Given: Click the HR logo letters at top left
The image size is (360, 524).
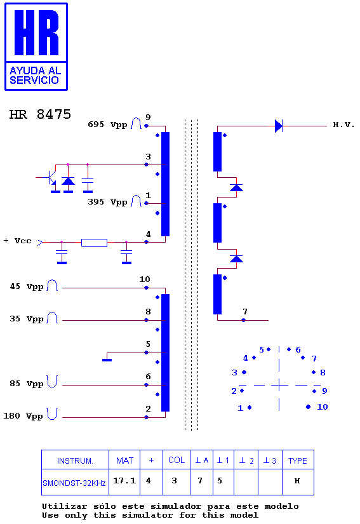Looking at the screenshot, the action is (x=36, y=32).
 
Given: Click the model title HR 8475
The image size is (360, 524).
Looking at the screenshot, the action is (x=40, y=114).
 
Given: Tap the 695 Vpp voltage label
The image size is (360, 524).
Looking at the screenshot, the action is (x=107, y=124).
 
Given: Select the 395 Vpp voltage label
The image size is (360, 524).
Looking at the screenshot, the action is (x=107, y=202).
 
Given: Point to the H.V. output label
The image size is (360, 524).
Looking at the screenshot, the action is (x=343, y=124).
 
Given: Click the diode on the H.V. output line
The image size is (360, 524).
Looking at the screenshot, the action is (x=279, y=126).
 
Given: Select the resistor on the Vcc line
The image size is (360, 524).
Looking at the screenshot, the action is (x=94, y=243).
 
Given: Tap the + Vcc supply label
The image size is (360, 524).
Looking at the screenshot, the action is (x=18, y=241).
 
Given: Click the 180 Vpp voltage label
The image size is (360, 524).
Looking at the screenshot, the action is (x=23, y=416).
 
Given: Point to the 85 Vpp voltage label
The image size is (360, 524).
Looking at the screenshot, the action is (x=27, y=384).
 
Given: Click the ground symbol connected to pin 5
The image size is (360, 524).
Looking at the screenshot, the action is (x=107, y=360).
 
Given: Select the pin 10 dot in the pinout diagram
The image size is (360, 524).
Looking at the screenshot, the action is (x=308, y=406).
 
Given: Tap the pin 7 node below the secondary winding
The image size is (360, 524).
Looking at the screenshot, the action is (x=243, y=320).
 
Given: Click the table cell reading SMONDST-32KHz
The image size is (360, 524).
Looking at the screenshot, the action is (x=74, y=483).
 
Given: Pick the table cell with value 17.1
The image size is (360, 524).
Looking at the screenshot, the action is (x=124, y=481).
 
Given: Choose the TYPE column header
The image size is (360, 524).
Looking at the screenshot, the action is (x=298, y=460).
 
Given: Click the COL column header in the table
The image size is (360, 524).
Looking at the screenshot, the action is (x=177, y=460).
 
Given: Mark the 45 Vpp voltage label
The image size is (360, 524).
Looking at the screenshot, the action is (x=27, y=286).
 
